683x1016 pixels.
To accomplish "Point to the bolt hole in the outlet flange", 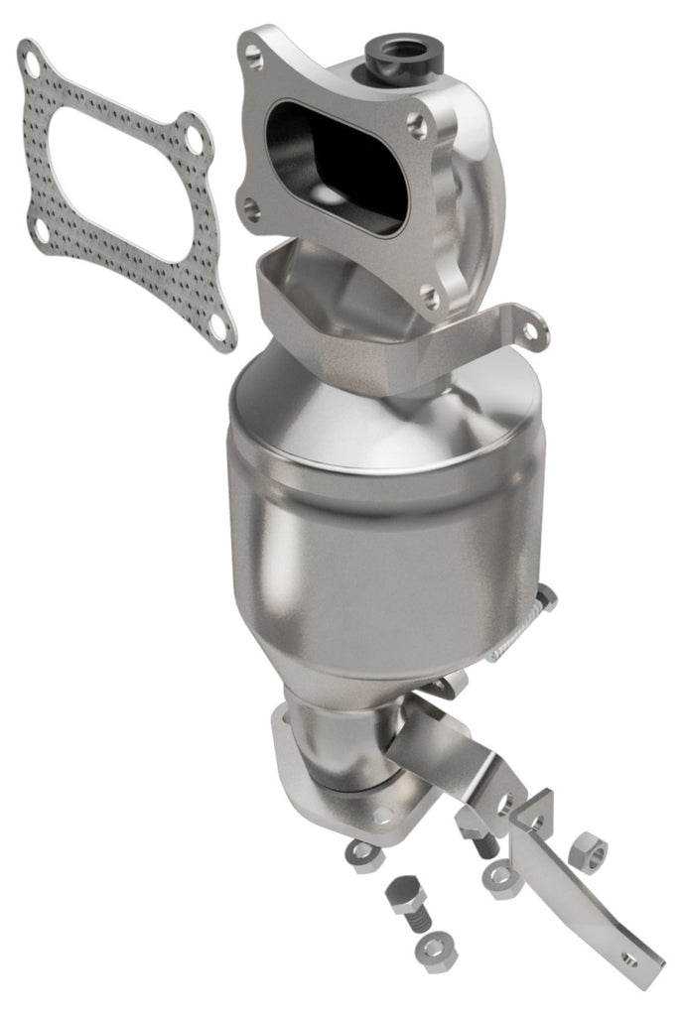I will click(x=382, y=816).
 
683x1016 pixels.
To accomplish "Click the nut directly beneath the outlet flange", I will click(x=360, y=856).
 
